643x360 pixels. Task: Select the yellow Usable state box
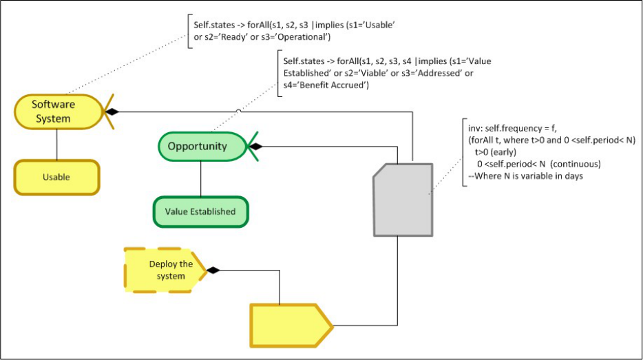click(56, 177)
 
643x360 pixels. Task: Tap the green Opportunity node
click(198, 146)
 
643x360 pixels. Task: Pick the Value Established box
click(200, 211)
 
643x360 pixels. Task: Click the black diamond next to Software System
click(110, 112)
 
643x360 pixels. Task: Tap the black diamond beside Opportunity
click(255, 146)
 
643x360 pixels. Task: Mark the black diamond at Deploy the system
click(215, 270)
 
